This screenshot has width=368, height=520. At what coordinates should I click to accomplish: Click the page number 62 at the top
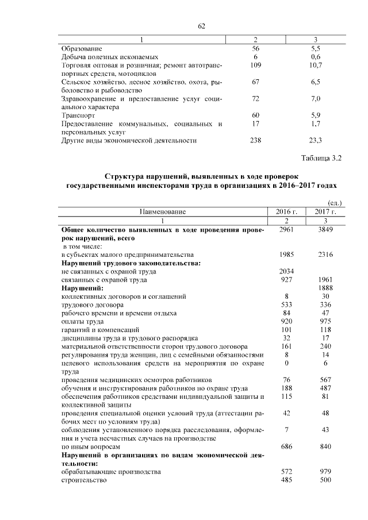pos(202,26)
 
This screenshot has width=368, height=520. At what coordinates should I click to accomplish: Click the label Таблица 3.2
pos(321,158)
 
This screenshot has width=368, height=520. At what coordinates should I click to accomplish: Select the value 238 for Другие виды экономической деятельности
pos(255,140)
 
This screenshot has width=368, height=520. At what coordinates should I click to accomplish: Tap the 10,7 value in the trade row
pos(316,66)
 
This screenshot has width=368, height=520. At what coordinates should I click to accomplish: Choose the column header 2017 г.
pos(325,212)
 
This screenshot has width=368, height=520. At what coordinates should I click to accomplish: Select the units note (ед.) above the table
pos(334,203)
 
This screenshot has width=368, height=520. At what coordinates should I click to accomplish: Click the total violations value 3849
pos(325,229)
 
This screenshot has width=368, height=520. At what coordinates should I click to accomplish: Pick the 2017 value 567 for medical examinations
pos(325,380)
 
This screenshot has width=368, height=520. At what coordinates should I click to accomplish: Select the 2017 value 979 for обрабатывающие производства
pos(325,471)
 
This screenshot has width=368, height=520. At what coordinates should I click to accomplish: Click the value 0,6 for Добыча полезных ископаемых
pos(316,57)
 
